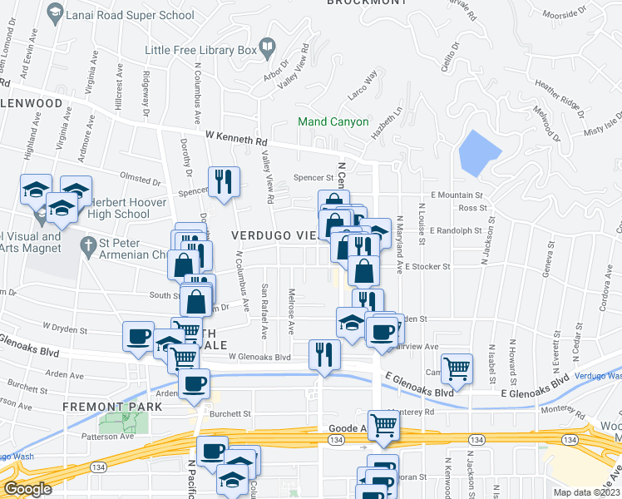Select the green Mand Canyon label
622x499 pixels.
[333, 121]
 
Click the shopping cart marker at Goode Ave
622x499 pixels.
[383, 424]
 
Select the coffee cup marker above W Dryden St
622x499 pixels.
[139, 336]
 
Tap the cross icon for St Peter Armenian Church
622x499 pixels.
[88, 246]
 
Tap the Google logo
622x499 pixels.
[27, 489]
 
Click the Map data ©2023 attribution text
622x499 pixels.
[585, 492]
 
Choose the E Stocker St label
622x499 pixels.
[427, 267]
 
